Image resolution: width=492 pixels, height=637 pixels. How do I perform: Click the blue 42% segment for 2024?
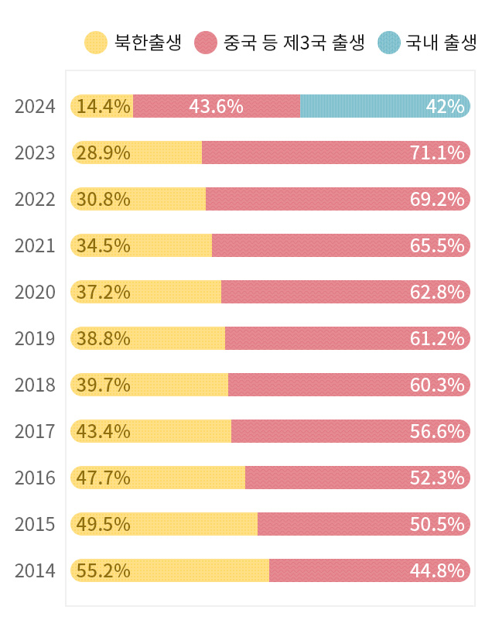pos(384,106)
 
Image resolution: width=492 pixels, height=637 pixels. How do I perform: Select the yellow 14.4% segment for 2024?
pos(102,106)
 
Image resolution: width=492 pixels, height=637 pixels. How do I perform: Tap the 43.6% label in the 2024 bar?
pos(216,106)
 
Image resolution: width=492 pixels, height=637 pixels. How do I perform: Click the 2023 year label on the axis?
pos(35,153)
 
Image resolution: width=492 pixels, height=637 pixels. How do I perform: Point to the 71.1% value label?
pos(437,153)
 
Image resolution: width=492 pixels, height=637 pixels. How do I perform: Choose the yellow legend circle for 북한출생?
pos(95,43)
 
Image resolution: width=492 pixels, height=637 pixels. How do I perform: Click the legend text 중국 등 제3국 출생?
pos(293,43)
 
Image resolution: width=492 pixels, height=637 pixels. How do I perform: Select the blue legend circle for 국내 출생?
pos(389,43)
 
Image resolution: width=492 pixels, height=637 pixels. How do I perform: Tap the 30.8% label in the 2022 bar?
pos(103,200)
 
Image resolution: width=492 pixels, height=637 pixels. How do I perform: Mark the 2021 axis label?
pos(35,246)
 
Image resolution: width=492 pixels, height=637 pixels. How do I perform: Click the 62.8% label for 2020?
pos(437,293)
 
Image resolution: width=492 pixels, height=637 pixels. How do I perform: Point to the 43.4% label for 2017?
pos(103,431)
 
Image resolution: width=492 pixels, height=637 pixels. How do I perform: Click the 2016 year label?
pos(35,478)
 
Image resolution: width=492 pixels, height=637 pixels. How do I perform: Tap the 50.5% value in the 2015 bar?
pos(437,525)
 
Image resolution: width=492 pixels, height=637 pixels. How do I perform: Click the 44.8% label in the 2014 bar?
pos(437,571)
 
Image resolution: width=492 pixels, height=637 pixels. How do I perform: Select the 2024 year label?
pos(35,107)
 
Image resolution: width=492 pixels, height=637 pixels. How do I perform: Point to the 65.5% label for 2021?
pos(437,246)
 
